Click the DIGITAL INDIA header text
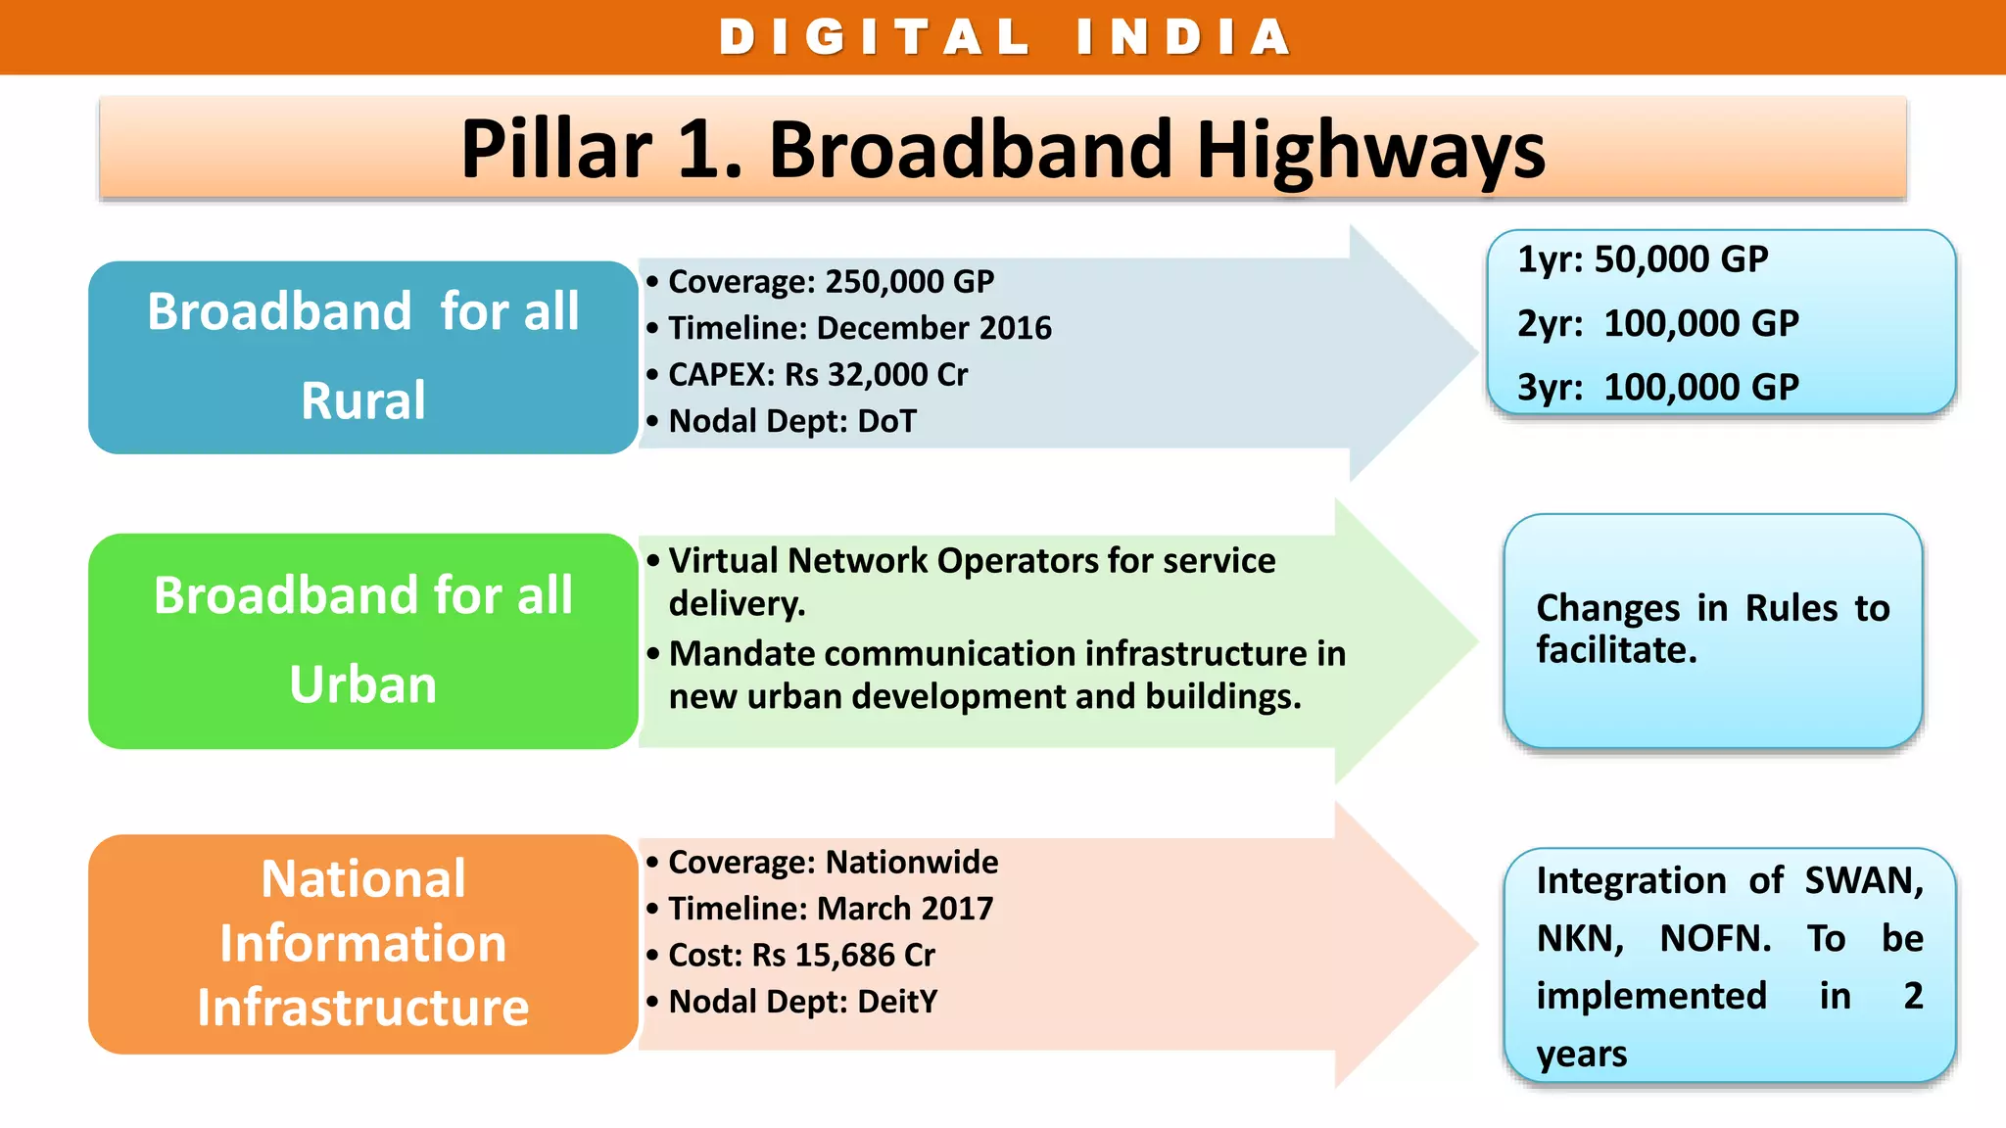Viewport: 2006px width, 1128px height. [x=1005, y=37]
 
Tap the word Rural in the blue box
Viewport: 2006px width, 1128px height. [x=363, y=400]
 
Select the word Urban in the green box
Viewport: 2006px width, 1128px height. [x=363, y=684]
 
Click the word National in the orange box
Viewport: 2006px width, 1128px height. [x=363, y=879]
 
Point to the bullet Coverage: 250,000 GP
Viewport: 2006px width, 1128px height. [x=830, y=282]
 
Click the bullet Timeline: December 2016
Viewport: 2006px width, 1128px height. [x=859, y=328]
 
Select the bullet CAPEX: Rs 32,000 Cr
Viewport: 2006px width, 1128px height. [x=817, y=375]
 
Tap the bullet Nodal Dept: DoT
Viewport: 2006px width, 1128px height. [x=791, y=421]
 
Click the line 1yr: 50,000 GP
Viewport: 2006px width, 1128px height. [x=1643, y=259]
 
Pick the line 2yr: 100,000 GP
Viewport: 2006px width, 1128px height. [x=1657, y=323]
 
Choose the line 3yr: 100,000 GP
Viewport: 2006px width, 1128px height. [x=1657, y=388]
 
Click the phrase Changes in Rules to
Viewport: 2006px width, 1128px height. [x=1712, y=608]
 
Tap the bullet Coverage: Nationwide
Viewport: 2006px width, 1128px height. [x=833, y=863]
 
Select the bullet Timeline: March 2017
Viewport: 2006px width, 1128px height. [x=830, y=909]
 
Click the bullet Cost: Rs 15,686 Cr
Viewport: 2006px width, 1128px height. [x=801, y=956]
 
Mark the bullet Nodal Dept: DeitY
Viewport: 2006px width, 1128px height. [x=802, y=1002]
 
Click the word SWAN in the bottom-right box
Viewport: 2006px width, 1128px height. [x=1864, y=881]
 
